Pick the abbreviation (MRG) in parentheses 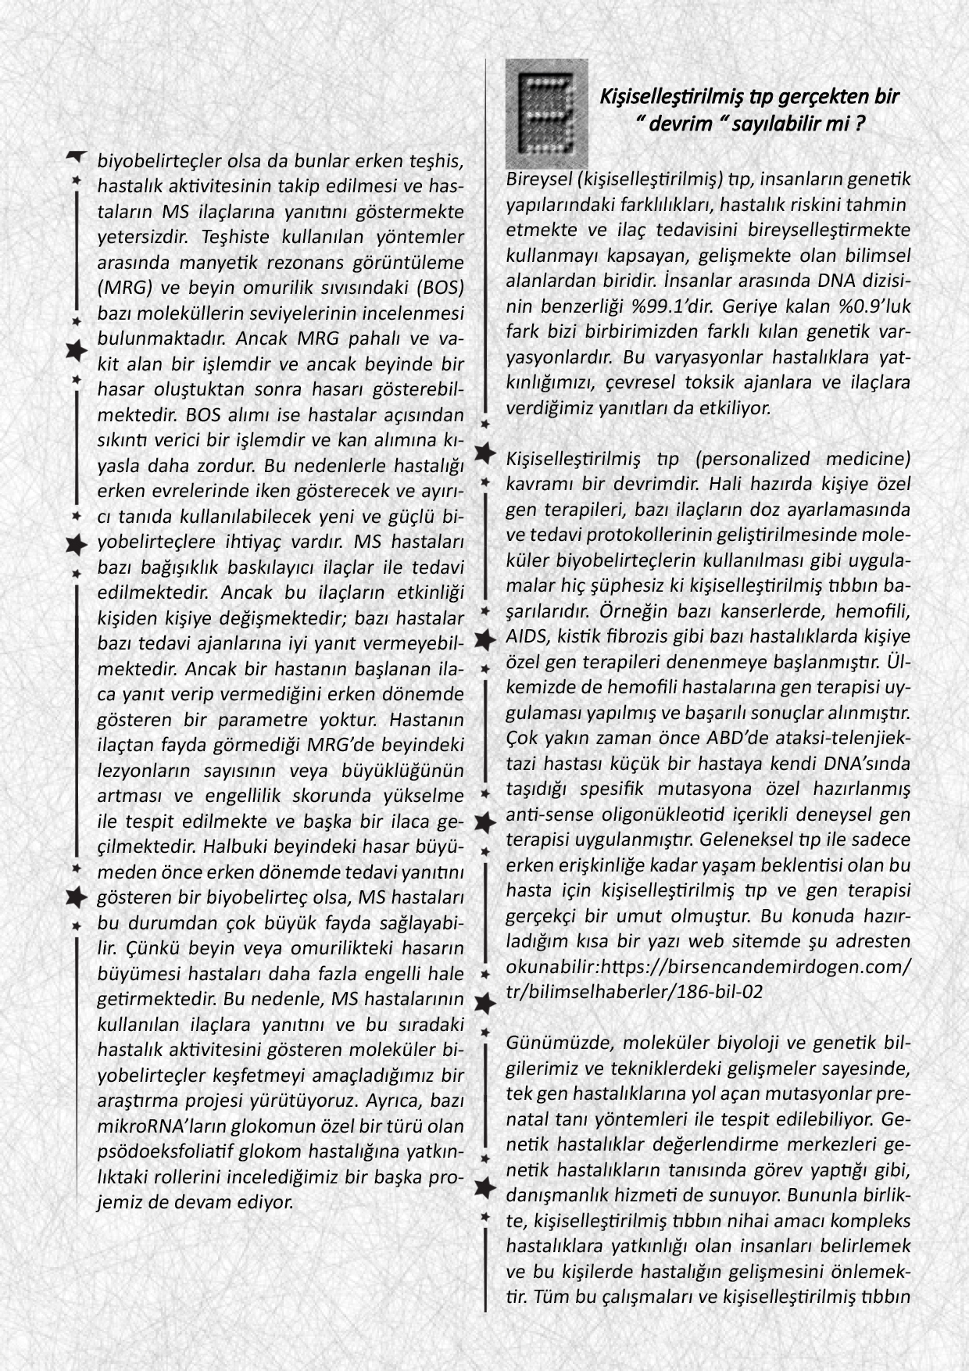tap(120, 288)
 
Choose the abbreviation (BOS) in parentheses tap(440, 288)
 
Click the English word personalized tap(753, 458)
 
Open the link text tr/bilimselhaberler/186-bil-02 tap(634, 991)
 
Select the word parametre tap(263, 719)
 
